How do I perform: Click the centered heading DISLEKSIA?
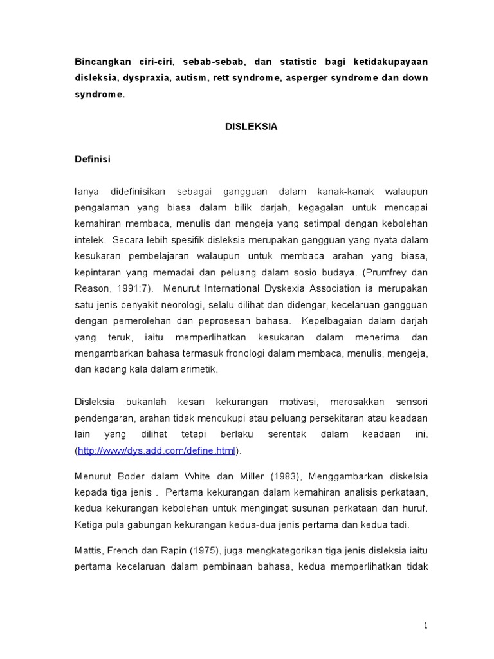click(x=252, y=127)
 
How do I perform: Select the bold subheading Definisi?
click(x=93, y=160)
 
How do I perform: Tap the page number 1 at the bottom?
click(x=426, y=626)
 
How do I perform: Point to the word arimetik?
click(x=199, y=369)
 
